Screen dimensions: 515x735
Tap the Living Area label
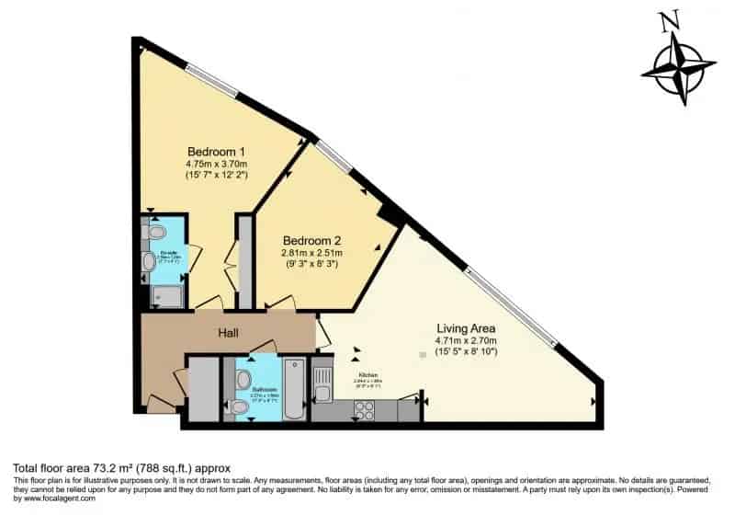466,327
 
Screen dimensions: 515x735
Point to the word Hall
230,333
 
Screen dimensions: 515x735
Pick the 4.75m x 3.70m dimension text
217,163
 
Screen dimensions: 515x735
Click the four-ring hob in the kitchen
363,411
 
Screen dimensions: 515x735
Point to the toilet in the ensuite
154,230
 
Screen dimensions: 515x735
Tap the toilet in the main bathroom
239,406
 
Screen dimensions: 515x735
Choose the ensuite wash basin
149,261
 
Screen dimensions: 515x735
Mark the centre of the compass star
679,68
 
